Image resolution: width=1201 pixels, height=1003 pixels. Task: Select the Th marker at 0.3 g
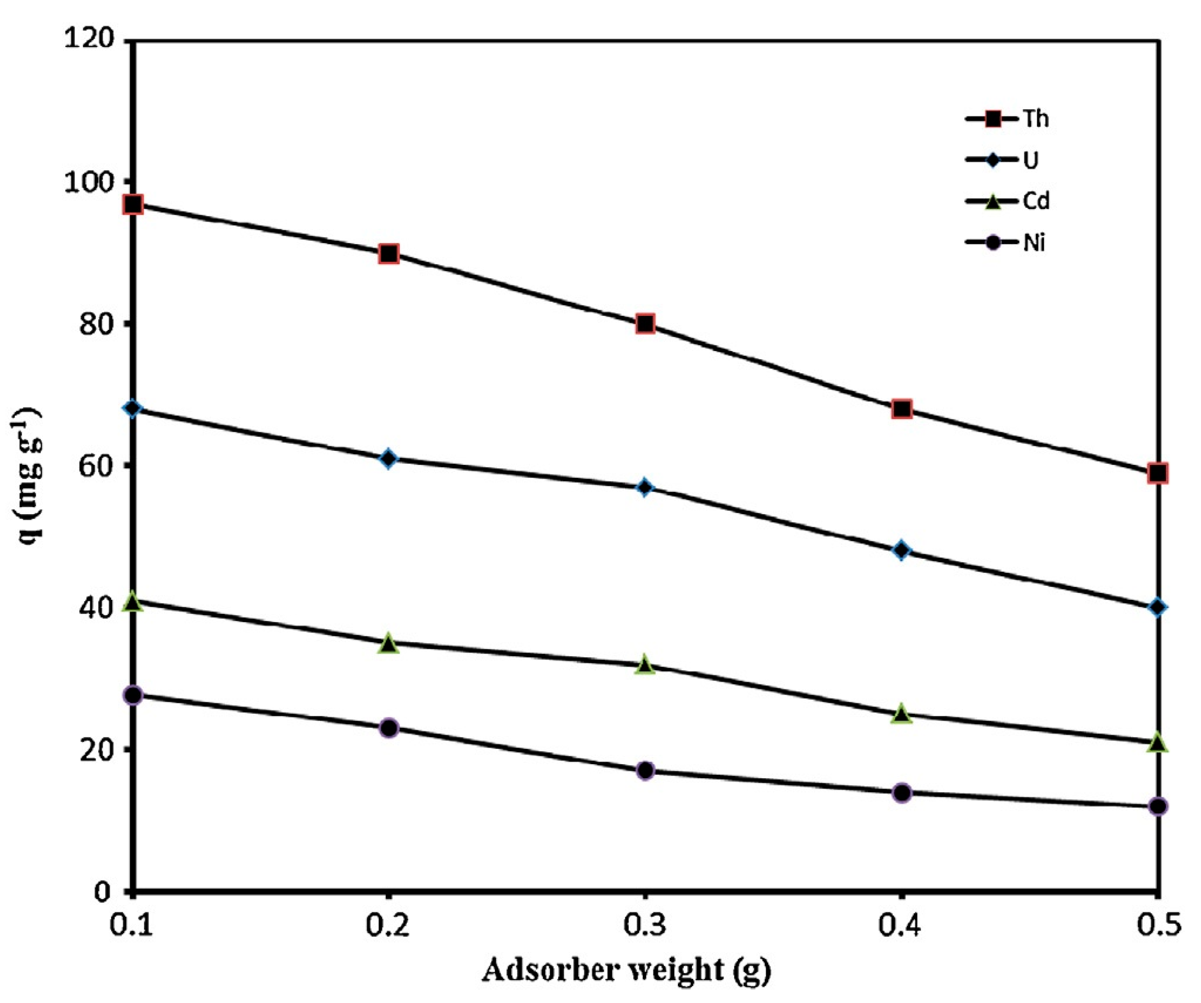(x=645, y=324)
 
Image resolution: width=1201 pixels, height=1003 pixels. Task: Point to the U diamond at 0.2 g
(x=389, y=458)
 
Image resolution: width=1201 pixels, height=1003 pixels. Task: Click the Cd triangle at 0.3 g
(x=645, y=665)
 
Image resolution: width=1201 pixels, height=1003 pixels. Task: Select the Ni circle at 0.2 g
(x=389, y=729)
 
